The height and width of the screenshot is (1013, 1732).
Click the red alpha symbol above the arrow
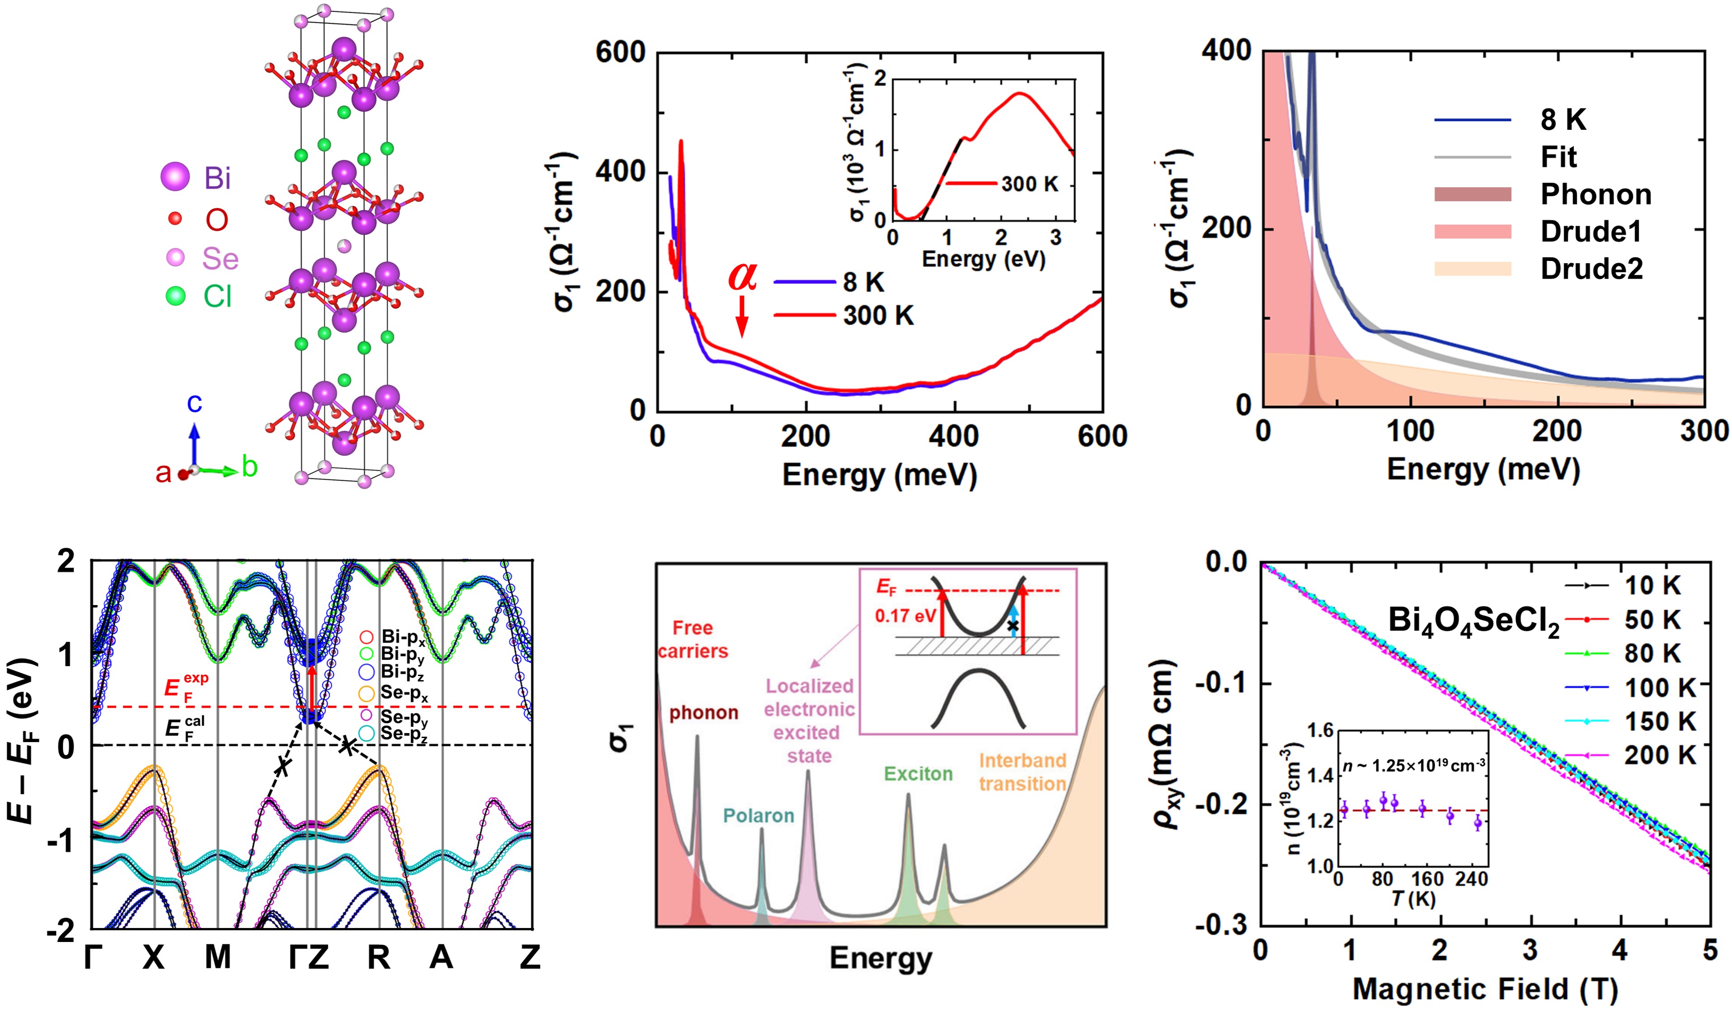[x=742, y=276]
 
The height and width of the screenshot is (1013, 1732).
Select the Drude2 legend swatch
[x=1472, y=269]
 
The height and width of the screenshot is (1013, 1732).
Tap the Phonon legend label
[x=1596, y=194]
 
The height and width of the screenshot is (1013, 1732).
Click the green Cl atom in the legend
[x=176, y=296]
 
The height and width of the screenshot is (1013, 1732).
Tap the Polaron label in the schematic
[x=758, y=816]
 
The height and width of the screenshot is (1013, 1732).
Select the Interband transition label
[x=1023, y=772]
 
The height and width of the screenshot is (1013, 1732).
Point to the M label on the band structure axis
[x=218, y=956]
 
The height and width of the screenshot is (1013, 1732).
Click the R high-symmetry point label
[x=379, y=956]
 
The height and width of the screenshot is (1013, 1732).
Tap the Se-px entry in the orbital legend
[x=403, y=693]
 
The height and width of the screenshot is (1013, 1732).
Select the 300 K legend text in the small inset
[x=1030, y=184]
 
